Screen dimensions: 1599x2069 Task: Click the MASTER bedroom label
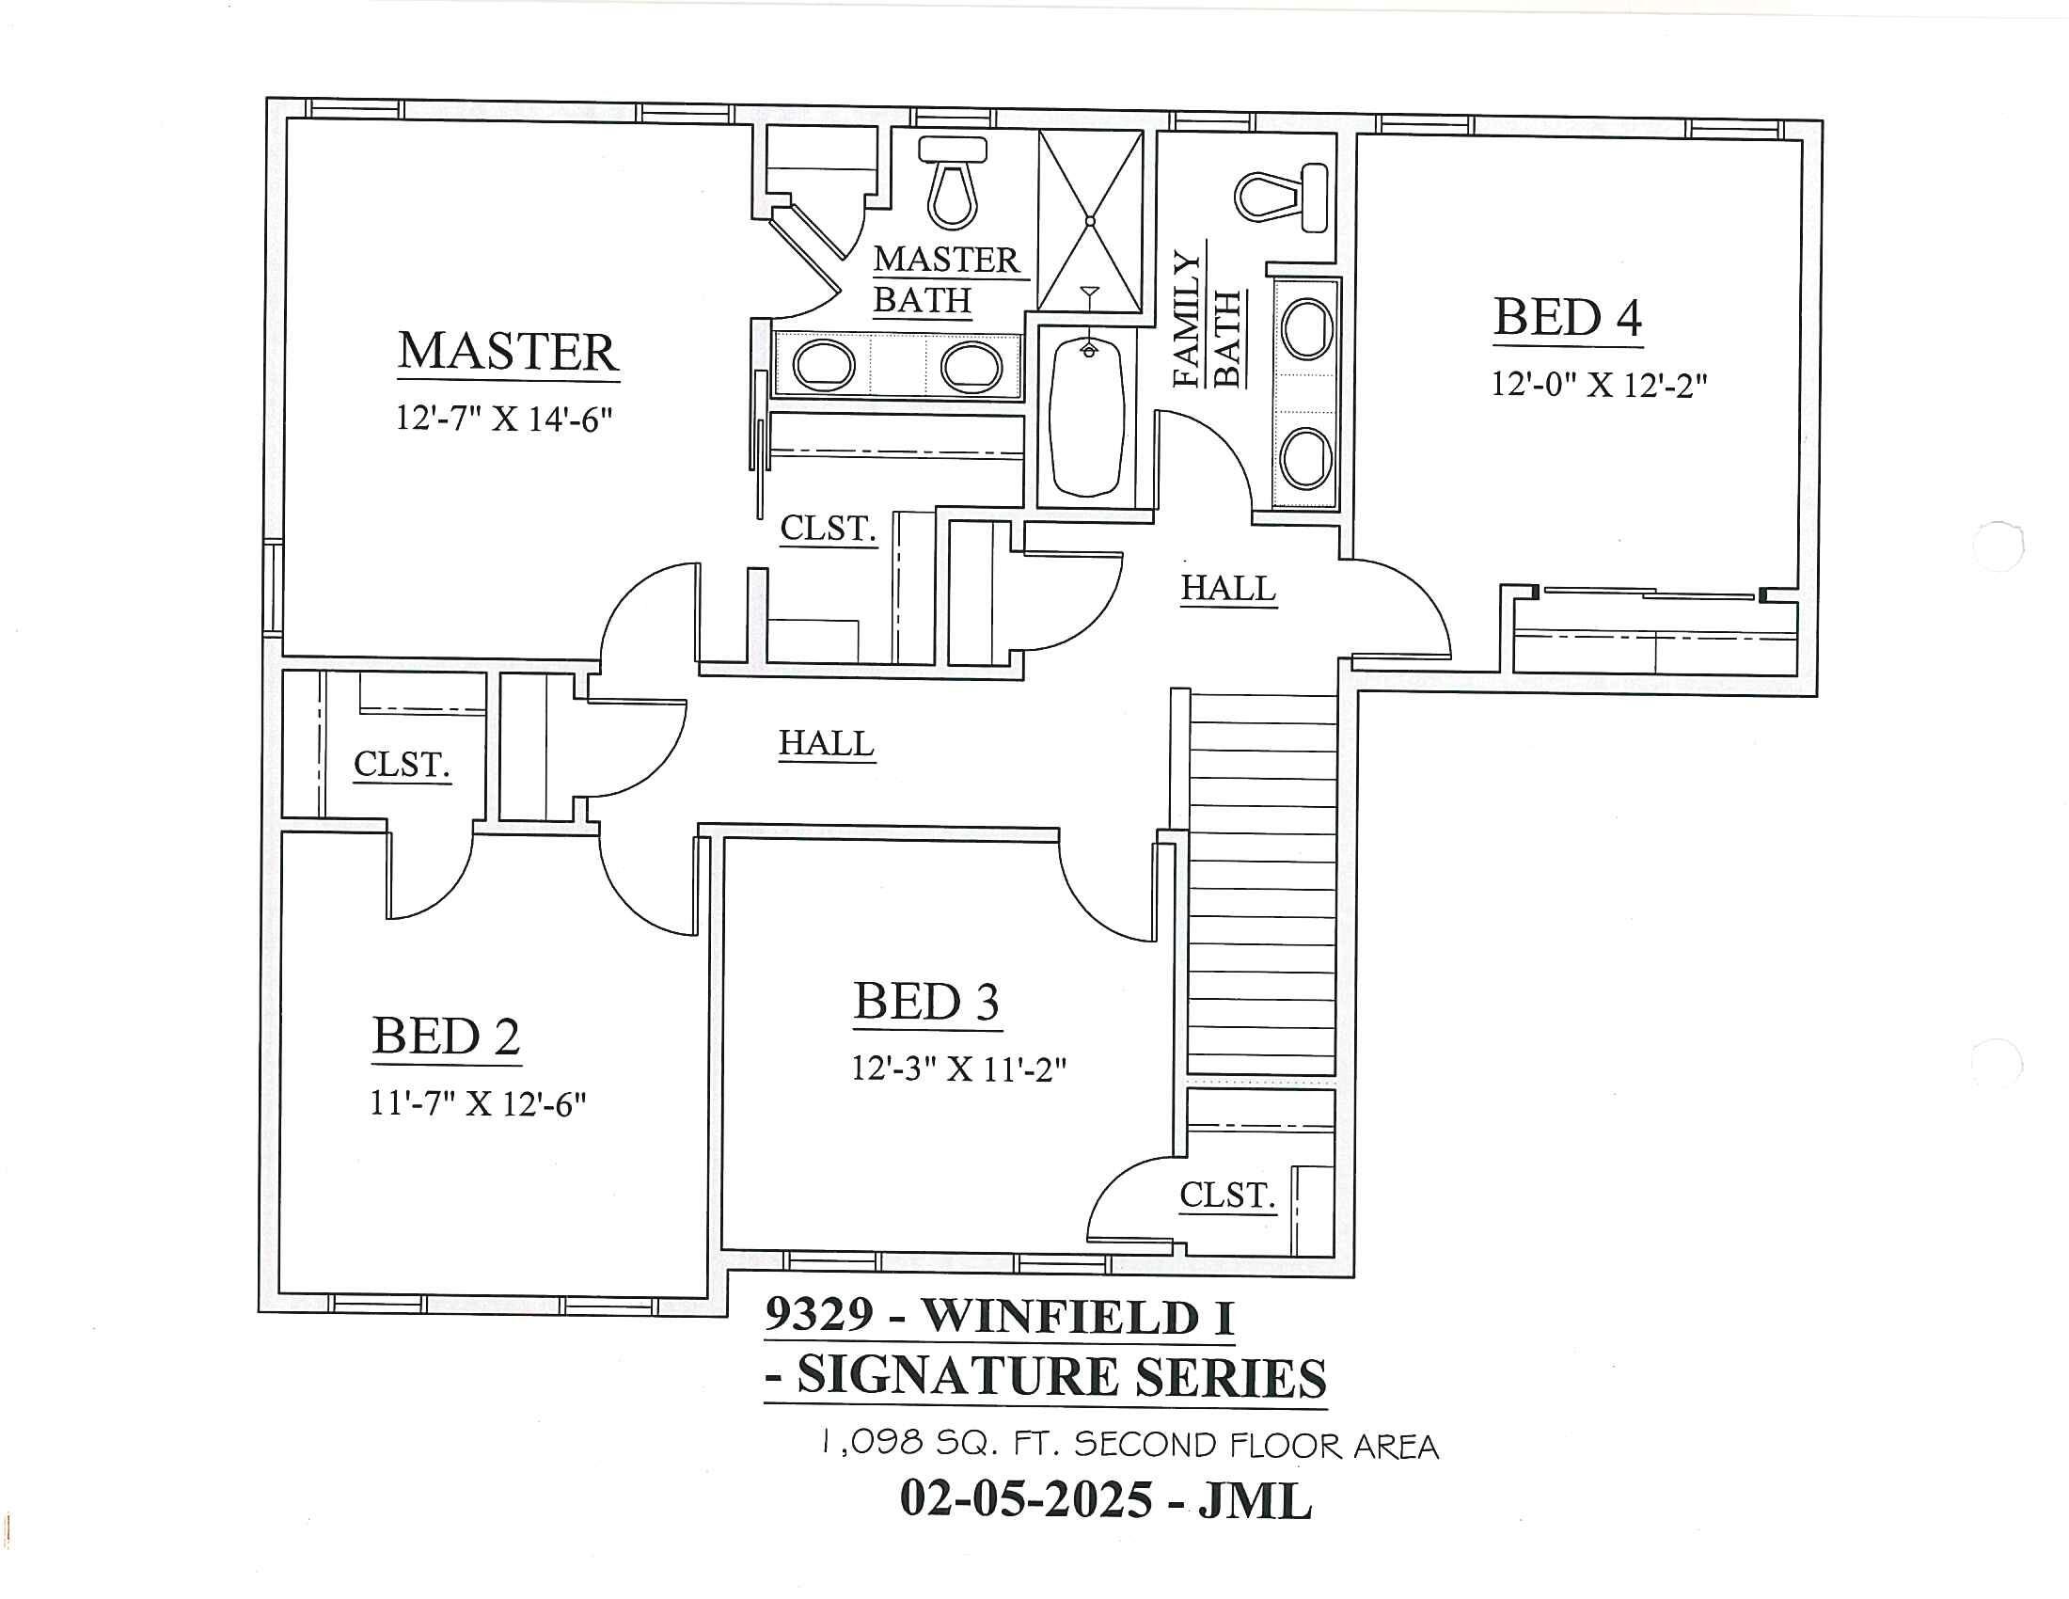click(508, 352)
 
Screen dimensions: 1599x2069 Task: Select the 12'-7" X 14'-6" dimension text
click(504, 418)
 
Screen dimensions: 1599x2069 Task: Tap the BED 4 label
click(1567, 317)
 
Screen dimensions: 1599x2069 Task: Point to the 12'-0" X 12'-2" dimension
click(1598, 385)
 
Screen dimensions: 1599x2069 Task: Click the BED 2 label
click(445, 1037)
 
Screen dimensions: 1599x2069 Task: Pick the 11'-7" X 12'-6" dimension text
click(478, 1103)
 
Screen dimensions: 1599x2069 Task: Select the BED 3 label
click(925, 1003)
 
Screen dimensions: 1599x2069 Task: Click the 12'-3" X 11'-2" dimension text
click(958, 1069)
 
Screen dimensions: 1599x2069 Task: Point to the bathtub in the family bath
click(1087, 417)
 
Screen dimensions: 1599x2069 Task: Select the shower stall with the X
click(1089, 221)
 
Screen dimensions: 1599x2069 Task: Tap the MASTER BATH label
click(944, 279)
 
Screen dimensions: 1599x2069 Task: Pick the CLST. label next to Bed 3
click(1226, 1195)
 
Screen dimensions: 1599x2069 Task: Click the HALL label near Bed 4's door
click(1227, 588)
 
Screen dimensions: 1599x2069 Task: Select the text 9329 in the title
click(817, 1315)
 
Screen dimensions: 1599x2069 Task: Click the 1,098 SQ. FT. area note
click(1128, 1445)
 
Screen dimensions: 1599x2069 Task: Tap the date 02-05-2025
click(1025, 1498)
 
